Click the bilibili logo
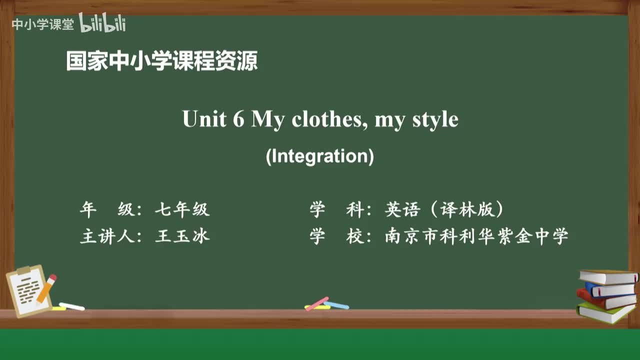pos(102,23)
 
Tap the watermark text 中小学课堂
pos(42,24)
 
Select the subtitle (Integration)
pos(320,156)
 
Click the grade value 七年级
pos(182,210)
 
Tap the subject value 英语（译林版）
pos(444,210)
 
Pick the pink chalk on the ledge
pos(317,303)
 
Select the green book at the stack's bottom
pos(605,312)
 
